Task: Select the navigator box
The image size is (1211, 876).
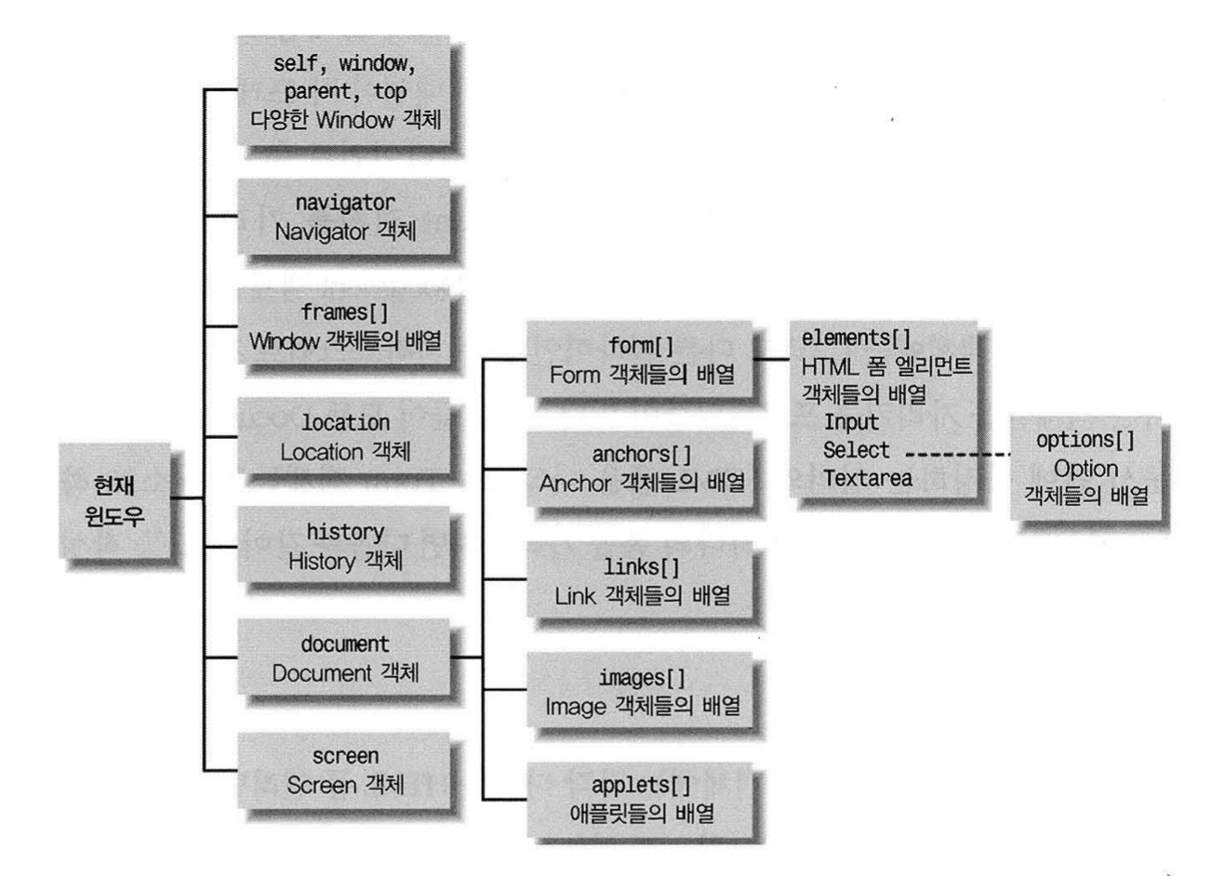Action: click(x=345, y=217)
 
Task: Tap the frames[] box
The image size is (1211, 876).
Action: click(x=345, y=326)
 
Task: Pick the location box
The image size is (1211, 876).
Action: click(x=345, y=437)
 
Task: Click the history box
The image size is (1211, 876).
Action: click(x=345, y=547)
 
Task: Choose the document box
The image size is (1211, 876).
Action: click(x=345, y=657)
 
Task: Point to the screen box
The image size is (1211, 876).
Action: click(x=345, y=771)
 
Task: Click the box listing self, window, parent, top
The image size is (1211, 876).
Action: click(x=345, y=92)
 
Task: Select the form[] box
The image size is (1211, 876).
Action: click(x=642, y=360)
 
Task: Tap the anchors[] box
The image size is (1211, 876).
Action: click(x=642, y=470)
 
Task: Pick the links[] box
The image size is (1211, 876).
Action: click(x=642, y=580)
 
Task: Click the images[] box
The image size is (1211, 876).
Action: click(x=642, y=691)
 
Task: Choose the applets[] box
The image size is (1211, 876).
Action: click(x=642, y=797)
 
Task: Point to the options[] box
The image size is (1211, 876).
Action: click(x=1085, y=468)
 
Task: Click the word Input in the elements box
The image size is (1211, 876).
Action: click(x=851, y=422)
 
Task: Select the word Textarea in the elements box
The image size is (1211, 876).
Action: click(x=868, y=479)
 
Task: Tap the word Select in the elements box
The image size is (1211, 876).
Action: click(x=857, y=451)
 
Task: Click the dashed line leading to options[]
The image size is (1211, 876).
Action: click(x=958, y=454)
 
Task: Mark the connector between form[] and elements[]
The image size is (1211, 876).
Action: click(x=771, y=358)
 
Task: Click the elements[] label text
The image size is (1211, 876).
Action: click(x=857, y=338)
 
